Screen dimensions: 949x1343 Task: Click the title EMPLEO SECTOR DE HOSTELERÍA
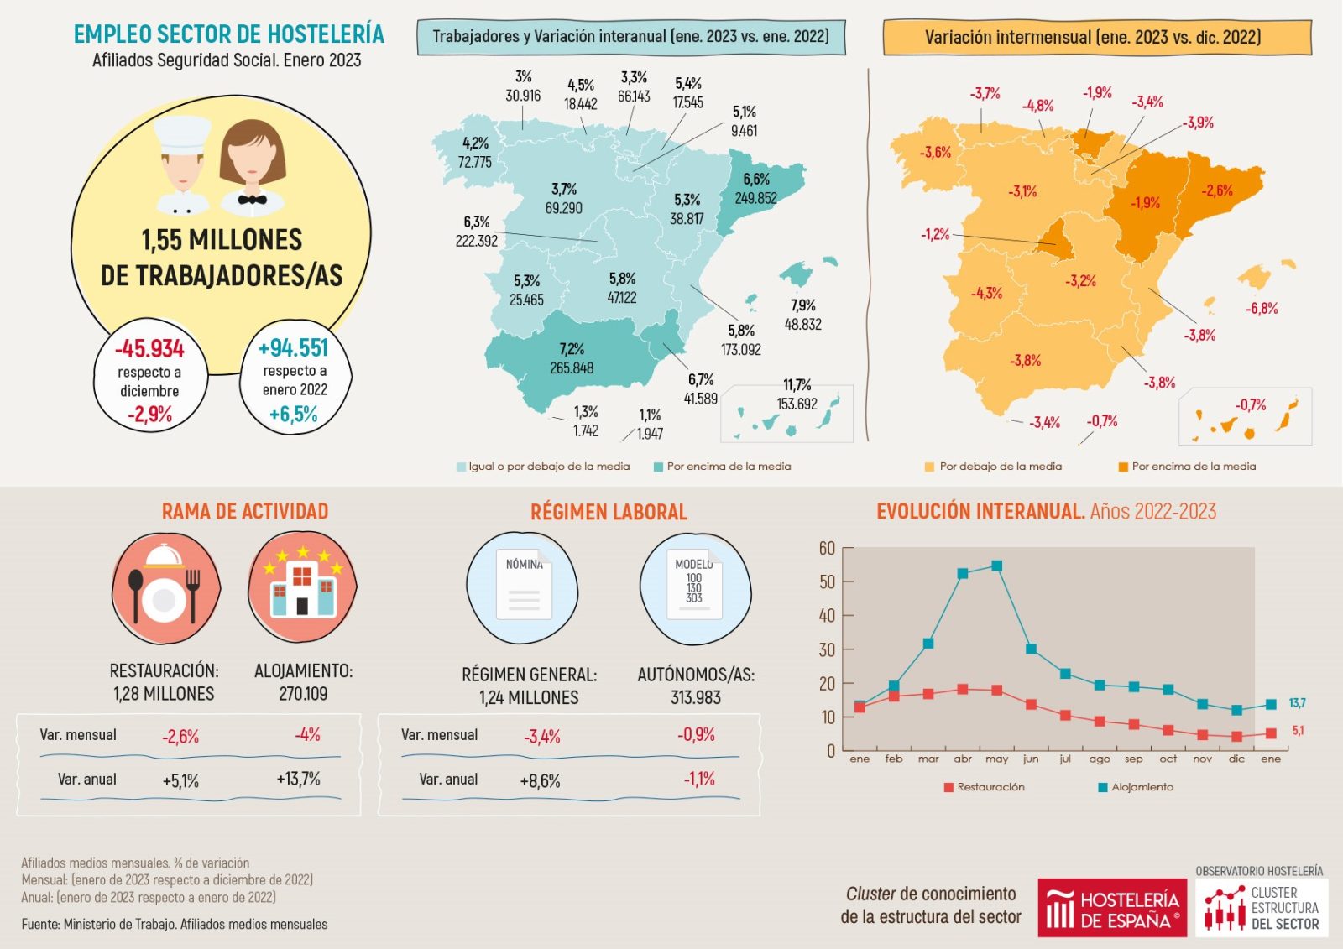click(x=228, y=34)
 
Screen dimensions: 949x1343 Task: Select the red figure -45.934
click(x=149, y=348)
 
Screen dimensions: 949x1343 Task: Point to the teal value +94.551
click(x=294, y=347)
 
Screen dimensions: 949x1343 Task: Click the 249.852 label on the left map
click(x=755, y=199)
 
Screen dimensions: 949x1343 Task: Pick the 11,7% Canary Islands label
click(x=797, y=385)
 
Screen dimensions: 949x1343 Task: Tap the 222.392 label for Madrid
click(x=477, y=241)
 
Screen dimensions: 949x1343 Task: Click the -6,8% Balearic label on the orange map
click(x=1262, y=309)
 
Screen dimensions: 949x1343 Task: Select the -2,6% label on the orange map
click(x=1216, y=190)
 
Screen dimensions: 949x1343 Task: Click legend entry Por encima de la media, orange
click(x=1193, y=467)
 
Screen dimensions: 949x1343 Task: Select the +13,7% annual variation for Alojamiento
click(x=298, y=780)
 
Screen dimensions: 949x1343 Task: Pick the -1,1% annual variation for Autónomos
click(x=698, y=780)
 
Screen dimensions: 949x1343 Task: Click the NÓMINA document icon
click(x=524, y=585)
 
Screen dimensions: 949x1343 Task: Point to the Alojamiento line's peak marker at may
click(x=996, y=566)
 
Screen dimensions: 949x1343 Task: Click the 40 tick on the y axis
click(x=827, y=616)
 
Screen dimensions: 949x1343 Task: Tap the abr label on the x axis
click(x=962, y=759)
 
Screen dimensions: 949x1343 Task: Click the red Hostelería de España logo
click(x=1111, y=908)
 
